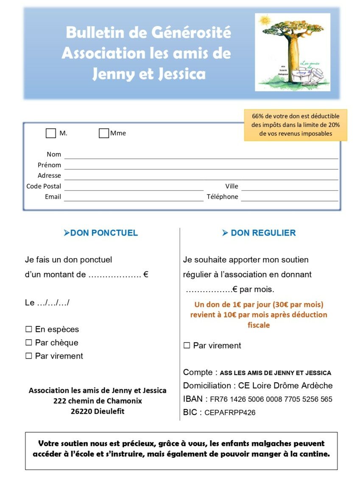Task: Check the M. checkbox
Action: point(50,133)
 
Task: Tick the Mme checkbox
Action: point(103,133)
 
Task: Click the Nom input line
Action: point(201,155)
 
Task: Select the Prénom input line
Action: point(201,166)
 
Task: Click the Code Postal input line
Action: point(134,187)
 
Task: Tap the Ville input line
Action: point(290,187)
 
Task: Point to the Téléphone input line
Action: point(290,197)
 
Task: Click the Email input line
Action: point(134,197)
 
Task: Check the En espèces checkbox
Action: point(29,329)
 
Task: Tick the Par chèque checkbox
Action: point(29,342)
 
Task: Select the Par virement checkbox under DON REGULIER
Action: point(187,345)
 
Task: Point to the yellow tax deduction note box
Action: point(296,125)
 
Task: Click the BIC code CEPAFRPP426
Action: point(230,412)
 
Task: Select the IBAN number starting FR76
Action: point(271,399)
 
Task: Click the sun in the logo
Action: point(265,20)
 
